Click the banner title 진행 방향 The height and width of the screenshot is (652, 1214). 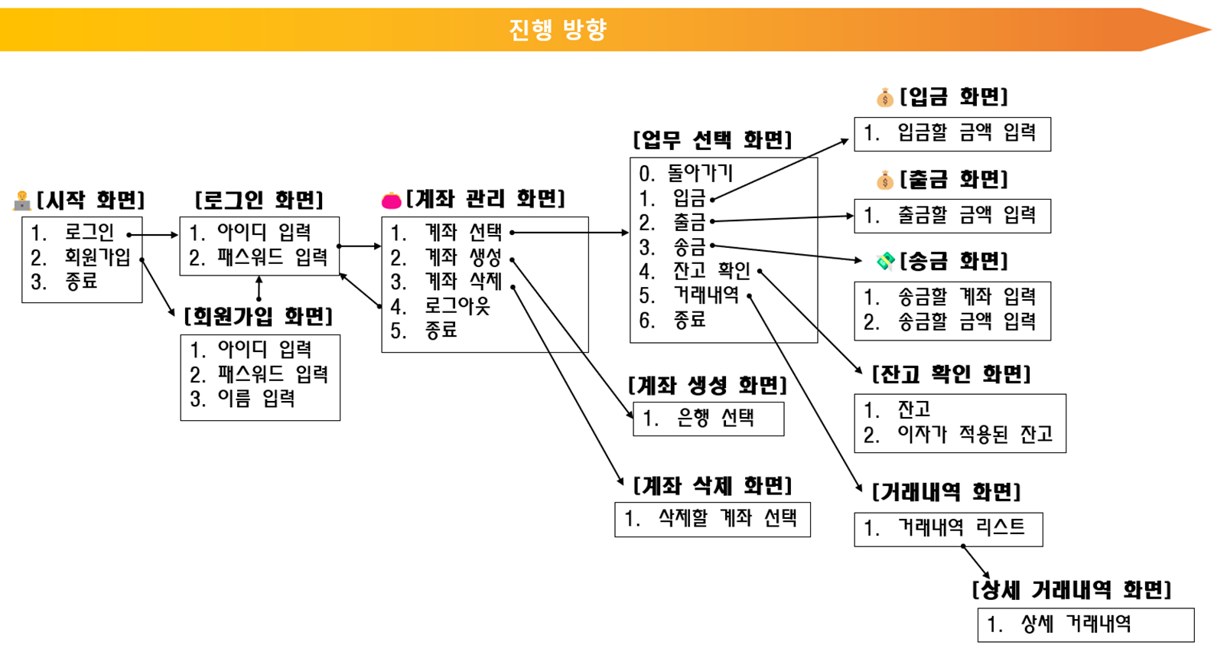558,29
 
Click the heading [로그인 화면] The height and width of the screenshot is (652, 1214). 259,200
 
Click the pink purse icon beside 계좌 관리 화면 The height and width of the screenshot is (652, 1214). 391,200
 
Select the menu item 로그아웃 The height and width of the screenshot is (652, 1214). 457,306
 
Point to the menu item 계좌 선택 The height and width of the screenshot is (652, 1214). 463,233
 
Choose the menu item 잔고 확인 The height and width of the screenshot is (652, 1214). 711,271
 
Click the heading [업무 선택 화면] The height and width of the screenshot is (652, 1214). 712,140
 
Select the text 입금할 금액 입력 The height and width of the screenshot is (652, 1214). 965,133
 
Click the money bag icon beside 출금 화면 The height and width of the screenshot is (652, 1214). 885,181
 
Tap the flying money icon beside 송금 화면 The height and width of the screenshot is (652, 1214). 885,262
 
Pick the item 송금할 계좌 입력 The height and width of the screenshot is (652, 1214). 966,296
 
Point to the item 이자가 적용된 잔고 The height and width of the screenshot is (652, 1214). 975,435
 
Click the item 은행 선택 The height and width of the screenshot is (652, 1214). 716,418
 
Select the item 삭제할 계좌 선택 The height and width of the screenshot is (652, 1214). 727,519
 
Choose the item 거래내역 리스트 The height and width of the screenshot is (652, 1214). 961,527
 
